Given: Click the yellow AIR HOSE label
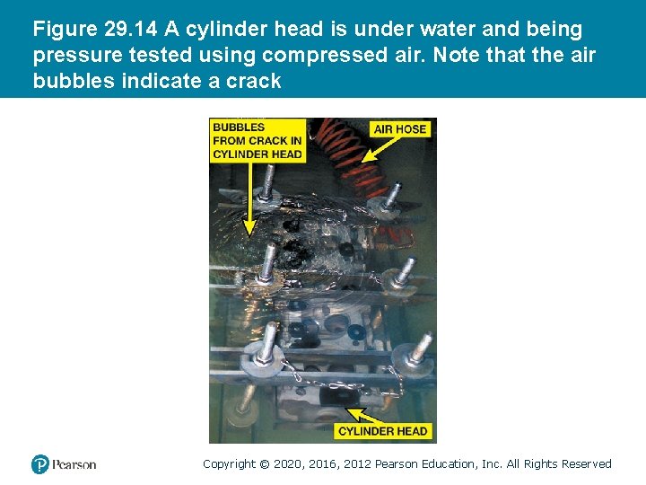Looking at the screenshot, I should (x=400, y=129).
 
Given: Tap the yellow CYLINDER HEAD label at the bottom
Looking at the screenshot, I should (x=383, y=431).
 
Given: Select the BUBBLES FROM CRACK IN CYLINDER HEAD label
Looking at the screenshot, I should (x=257, y=140).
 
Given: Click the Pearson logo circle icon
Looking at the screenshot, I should (x=40, y=464).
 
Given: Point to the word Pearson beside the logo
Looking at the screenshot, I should (x=74, y=464).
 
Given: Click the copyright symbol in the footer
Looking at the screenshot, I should (x=264, y=464).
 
